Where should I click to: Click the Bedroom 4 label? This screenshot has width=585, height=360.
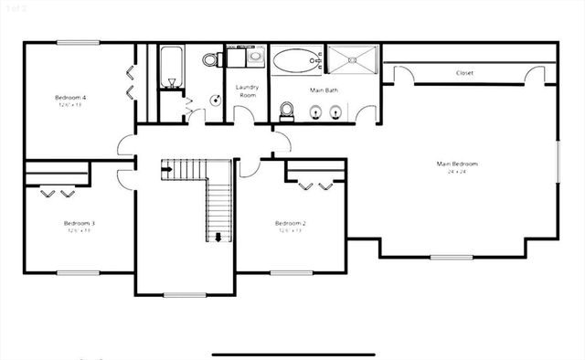pos(70,97)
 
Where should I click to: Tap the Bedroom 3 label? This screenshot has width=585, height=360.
pos(80,223)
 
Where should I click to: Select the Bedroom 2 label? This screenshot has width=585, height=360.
pos(290,223)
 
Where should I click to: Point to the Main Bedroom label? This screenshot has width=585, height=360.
pos(457,164)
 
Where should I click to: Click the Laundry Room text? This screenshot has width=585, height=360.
pos(247,90)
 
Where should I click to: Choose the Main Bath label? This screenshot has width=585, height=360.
pos(324,90)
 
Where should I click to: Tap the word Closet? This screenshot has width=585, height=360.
pos(464,73)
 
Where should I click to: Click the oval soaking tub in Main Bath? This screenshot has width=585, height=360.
pos(295,61)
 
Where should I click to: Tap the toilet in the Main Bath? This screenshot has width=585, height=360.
pos(286,111)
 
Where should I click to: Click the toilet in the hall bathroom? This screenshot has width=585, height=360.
pos(211,60)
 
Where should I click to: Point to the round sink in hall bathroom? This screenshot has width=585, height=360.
pos(216,100)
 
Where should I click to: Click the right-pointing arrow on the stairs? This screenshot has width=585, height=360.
pos(167,166)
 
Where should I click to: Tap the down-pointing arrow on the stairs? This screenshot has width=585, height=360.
pos(218,238)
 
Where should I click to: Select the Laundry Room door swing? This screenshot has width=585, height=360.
pos(244,114)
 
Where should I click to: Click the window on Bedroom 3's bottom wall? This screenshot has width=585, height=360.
pos(78,272)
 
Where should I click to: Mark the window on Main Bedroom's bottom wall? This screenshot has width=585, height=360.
pos(452,257)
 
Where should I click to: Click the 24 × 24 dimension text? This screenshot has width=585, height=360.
pos(457,172)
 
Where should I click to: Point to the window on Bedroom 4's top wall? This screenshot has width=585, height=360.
pos(70,42)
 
